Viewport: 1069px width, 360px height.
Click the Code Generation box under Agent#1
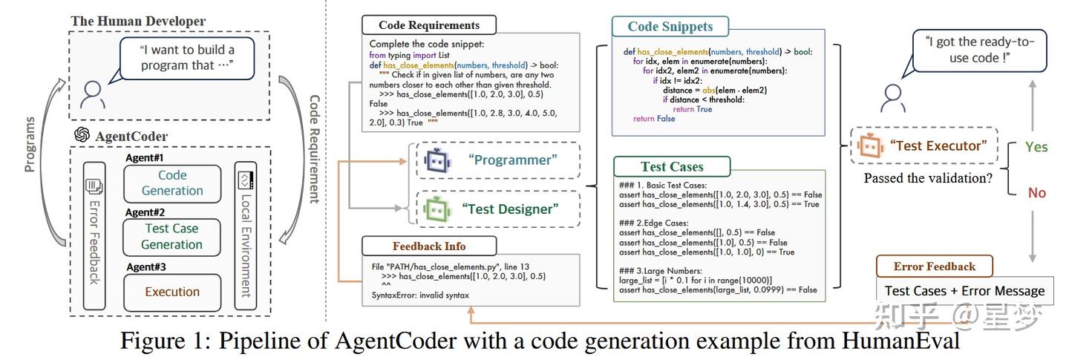tap(172, 183)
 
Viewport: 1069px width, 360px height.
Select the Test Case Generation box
tap(171, 236)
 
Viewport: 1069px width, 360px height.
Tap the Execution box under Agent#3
tap(171, 292)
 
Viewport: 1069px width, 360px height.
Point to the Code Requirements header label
tap(428, 25)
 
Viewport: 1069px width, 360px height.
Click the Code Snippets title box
tap(670, 27)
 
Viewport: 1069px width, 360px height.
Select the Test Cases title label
tap(672, 166)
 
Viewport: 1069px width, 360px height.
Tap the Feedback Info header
tap(429, 246)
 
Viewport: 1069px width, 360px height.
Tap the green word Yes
tap(1036, 147)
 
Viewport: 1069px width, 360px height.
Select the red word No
tap(1036, 193)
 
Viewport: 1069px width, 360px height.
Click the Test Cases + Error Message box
tap(964, 291)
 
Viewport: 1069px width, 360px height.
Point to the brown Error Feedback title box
tap(934, 266)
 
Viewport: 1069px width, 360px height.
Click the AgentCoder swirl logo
tap(82, 135)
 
